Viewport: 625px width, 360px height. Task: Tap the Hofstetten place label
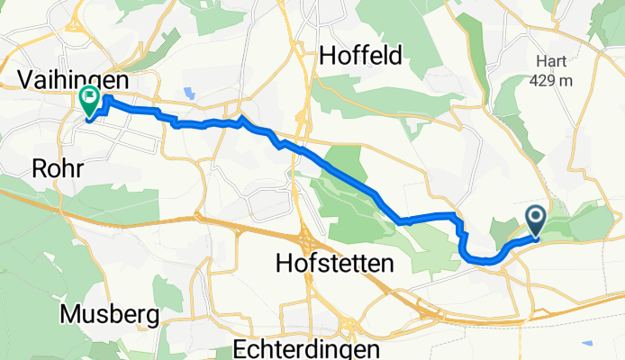tap(334, 264)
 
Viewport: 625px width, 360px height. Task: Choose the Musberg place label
tap(111, 315)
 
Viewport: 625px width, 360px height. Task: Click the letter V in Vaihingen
tap(26, 80)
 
